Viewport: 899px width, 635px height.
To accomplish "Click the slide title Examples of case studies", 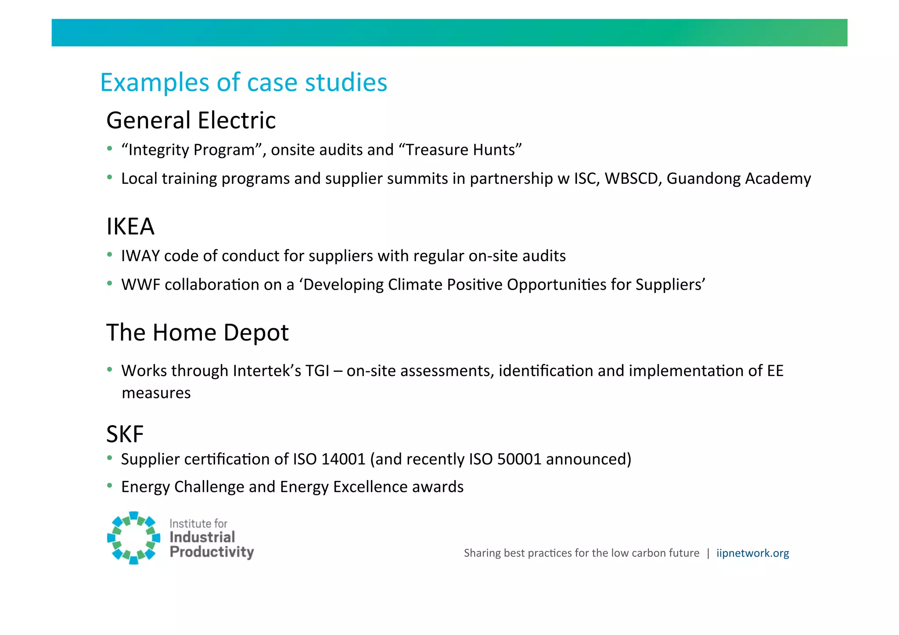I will click(244, 83).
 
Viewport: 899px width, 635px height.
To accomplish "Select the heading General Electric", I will click(191, 120).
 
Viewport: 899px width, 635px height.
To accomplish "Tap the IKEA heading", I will click(130, 226).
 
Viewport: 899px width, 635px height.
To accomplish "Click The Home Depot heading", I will click(198, 332).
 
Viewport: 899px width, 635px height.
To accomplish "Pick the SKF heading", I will click(125, 434).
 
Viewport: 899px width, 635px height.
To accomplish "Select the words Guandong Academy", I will click(738, 179).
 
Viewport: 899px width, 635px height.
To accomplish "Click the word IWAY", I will click(140, 256).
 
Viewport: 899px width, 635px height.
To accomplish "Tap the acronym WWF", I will click(140, 285).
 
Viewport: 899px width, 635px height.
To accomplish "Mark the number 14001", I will click(343, 459).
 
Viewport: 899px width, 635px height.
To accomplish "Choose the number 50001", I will click(519, 459).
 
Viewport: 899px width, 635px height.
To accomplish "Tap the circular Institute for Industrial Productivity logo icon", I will click(133, 538).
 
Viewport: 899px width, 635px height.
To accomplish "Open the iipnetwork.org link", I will click(752, 553).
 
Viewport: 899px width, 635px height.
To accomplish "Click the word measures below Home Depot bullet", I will click(156, 393).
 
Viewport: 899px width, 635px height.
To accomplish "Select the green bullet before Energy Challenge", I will click(110, 485).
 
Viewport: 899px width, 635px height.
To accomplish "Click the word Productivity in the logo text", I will click(212, 552).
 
